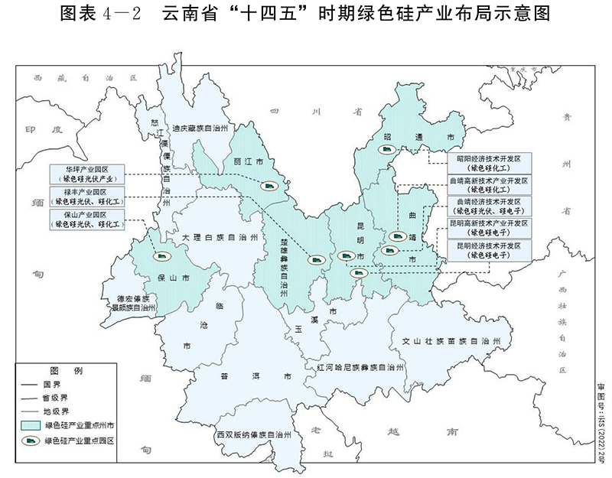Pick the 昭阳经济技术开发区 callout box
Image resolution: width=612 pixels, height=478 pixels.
click(x=488, y=163)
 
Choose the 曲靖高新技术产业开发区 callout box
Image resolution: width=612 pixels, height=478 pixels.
click(x=488, y=184)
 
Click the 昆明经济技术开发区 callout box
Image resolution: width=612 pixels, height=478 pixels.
click(x=488, y=250)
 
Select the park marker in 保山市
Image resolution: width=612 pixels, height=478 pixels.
click(x=160, y=258)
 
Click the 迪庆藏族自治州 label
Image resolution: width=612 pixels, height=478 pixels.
click(x=200, y=129)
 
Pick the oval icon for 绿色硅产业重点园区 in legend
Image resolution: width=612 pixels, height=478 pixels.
click(x=36, y=441)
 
